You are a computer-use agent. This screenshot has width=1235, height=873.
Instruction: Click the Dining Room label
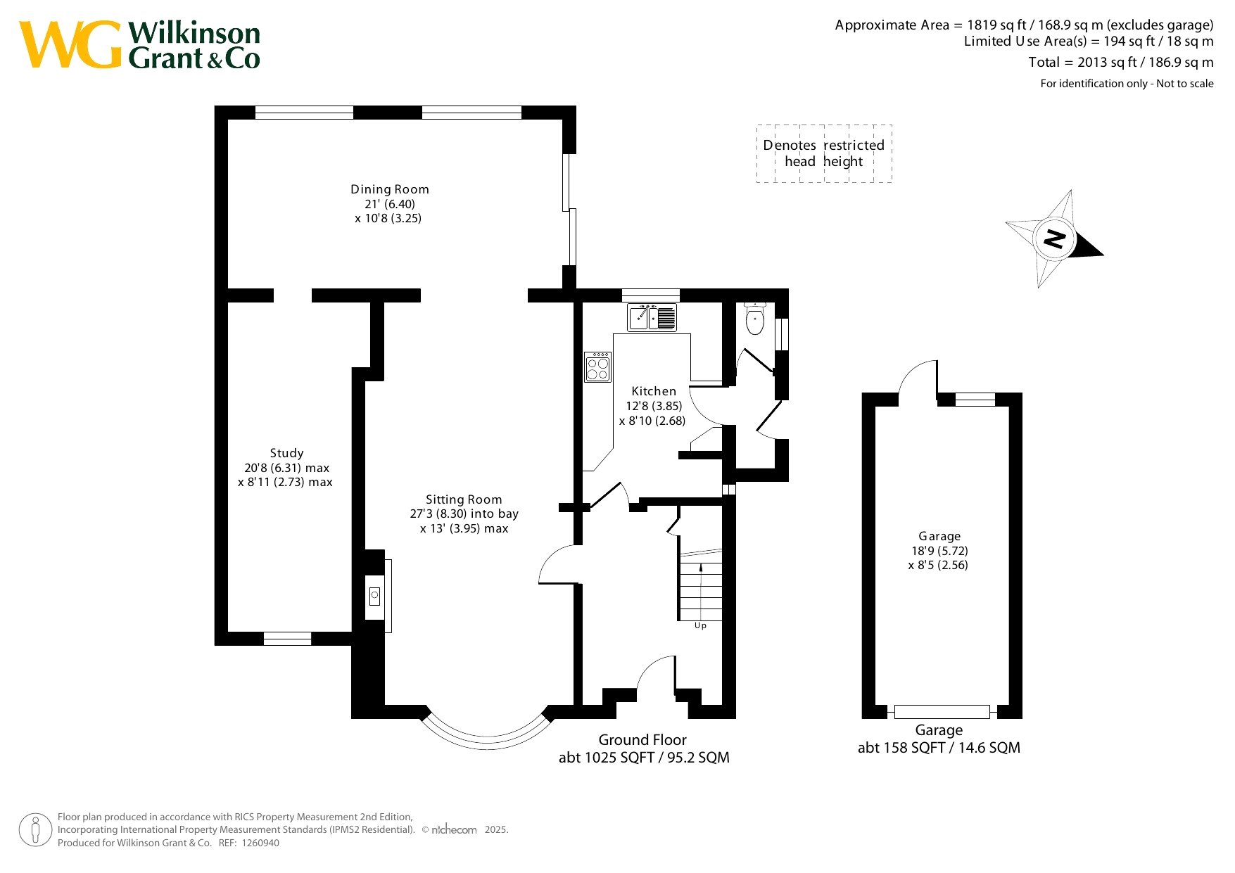pos(390,189)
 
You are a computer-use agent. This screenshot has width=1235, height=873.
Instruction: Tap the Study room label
pos(286,453)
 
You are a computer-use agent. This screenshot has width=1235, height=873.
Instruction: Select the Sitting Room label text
pos(464,499)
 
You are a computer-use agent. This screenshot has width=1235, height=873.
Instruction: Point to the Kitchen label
pos(654,391)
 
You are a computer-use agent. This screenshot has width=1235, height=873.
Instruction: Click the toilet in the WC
pos(754,319)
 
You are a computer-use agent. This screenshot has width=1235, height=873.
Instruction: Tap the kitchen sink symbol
pos(652,317)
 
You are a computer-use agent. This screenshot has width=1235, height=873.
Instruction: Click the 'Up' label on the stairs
pos(700,625)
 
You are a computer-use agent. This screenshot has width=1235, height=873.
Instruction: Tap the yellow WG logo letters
pos(70,44)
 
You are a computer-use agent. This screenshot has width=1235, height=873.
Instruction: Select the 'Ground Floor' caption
pos(642,740)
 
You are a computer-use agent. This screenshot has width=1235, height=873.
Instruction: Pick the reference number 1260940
pos(260,843)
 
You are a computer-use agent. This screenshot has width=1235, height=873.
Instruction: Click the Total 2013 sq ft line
pos(1121,62)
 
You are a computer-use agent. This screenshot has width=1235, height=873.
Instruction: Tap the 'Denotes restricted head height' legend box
pos(824,153)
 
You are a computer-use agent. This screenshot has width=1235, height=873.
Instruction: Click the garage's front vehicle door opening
pos(942,711)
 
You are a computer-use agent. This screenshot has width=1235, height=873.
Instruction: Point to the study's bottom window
pos(287,639)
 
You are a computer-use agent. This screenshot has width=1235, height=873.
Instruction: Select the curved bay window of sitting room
pos(486,735)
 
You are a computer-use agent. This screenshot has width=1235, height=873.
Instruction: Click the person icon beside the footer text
pos(35,830)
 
